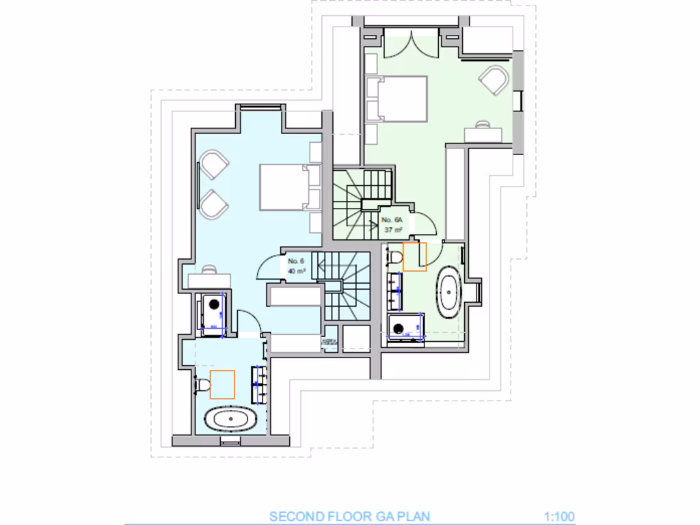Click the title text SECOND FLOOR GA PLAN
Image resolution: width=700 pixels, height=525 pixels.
350,517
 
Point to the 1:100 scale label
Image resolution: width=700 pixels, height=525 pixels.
559,517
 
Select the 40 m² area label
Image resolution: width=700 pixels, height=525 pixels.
296,271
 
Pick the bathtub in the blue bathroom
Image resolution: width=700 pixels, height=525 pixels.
230,418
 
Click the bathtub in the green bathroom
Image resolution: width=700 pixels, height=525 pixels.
450,292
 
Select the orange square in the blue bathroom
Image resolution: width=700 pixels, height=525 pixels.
222,384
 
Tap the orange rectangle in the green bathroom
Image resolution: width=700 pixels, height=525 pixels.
414,256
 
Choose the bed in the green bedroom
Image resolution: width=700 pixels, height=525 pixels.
396,98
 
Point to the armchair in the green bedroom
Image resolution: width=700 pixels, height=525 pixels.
495,80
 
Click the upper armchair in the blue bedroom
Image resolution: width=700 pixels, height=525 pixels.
214,165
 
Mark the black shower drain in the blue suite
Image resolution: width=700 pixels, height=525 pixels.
214,305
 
